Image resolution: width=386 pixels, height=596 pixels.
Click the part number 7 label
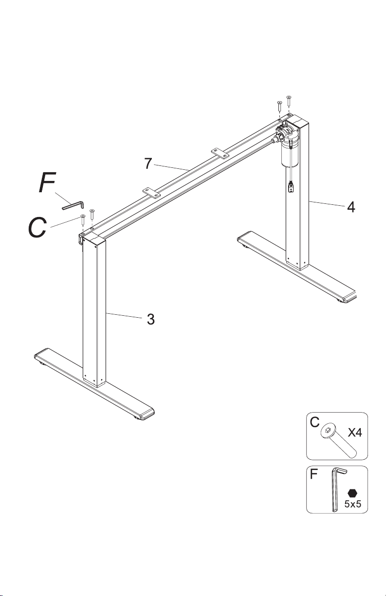coord(148,163)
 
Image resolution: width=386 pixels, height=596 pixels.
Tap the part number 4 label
coord(351,207)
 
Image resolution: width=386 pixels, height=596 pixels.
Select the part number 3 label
coord(151,319)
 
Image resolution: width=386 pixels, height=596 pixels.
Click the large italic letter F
coord(47,182)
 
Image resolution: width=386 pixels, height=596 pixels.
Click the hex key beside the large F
coord(73,205)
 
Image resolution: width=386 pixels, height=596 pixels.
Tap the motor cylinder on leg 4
coord(290,154)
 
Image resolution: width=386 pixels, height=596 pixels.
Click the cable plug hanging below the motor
coord(291,186)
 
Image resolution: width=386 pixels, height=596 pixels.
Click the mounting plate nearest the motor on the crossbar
coord(220,153)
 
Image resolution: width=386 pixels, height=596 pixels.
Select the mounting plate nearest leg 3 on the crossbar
coord(151,192)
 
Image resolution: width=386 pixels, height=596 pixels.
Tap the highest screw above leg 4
coord(289,100)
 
